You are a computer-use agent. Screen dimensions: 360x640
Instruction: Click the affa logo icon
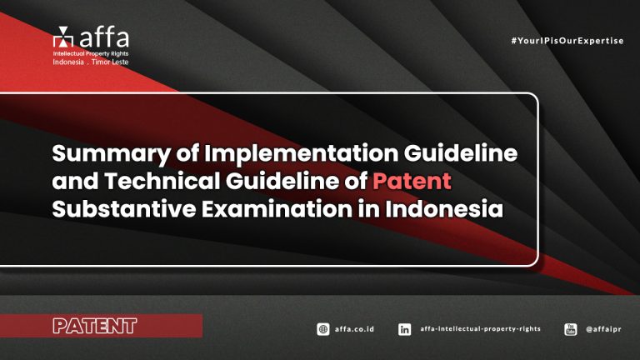click(62, 37)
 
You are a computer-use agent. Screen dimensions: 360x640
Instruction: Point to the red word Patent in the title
click(412, 181)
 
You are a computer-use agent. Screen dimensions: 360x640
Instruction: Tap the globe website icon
click(323, 329)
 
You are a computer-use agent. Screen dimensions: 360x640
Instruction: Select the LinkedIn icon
click(404, 329)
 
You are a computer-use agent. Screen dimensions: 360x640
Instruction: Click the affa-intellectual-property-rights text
click(481, 329)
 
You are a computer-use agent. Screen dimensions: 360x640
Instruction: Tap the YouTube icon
click(571, 329)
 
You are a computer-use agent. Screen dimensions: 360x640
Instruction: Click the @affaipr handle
click(605, 329)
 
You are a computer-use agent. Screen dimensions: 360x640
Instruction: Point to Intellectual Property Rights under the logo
click(89, 54)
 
